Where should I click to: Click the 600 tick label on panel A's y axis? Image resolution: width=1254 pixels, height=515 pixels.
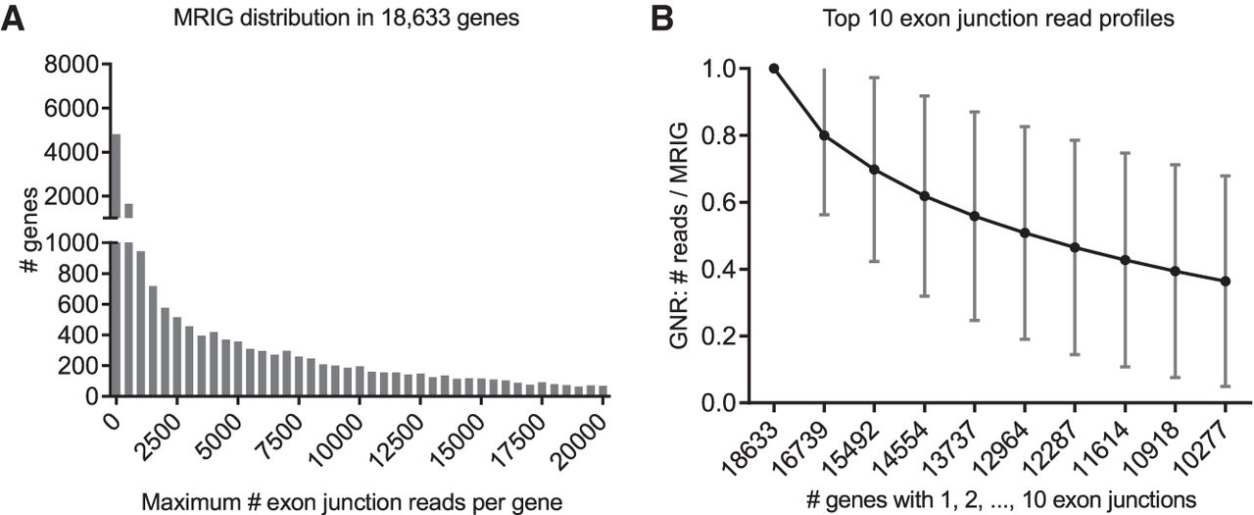point(84,304)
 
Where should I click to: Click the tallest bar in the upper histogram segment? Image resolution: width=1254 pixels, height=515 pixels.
point(116,176)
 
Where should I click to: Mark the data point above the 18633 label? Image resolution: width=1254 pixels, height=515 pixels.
point(774,68)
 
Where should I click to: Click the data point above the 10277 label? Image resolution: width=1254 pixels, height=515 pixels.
point(1226,282)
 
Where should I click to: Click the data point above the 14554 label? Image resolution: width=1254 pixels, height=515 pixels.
point(924,196)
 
